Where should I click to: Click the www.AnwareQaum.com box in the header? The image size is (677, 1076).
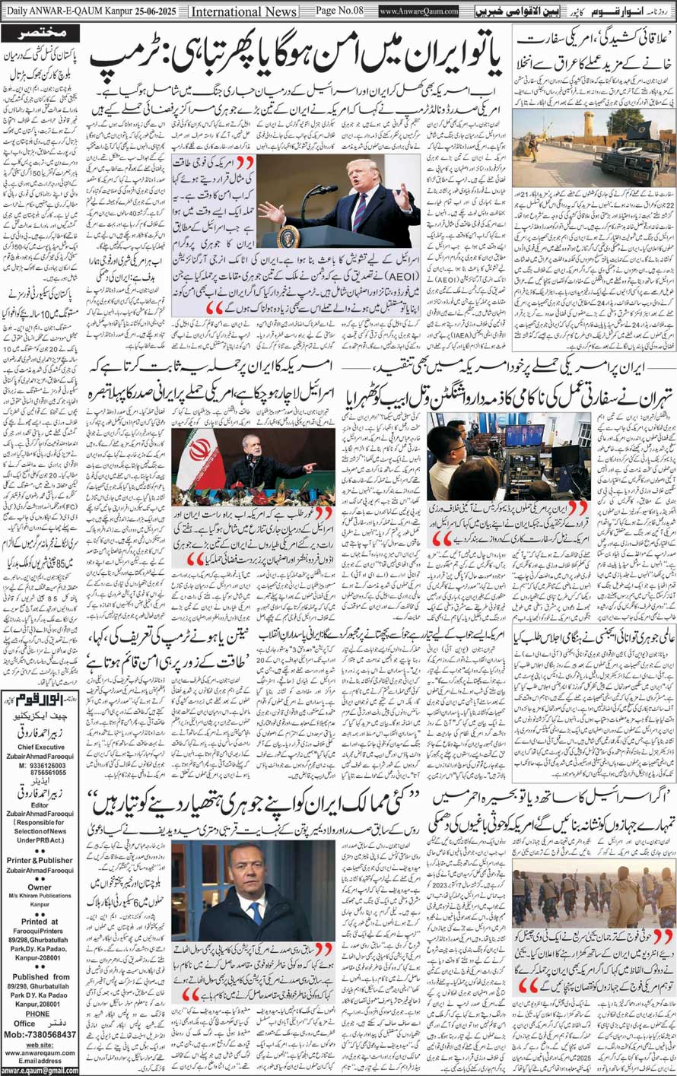click(419, 12)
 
